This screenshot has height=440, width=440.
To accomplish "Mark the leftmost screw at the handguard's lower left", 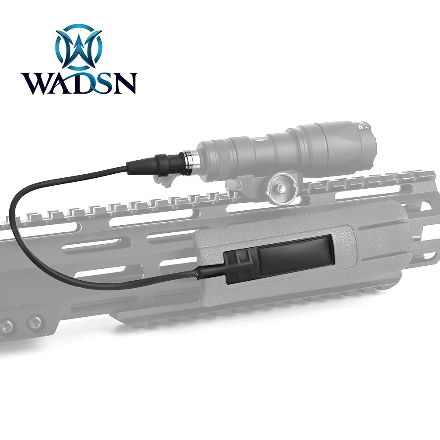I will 5,326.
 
